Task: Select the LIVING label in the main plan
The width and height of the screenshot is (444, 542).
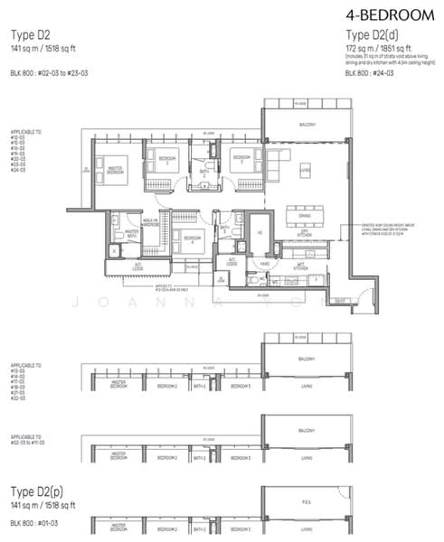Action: (x=306, y=169)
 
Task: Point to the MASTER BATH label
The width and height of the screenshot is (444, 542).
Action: (x=132, y=232)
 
